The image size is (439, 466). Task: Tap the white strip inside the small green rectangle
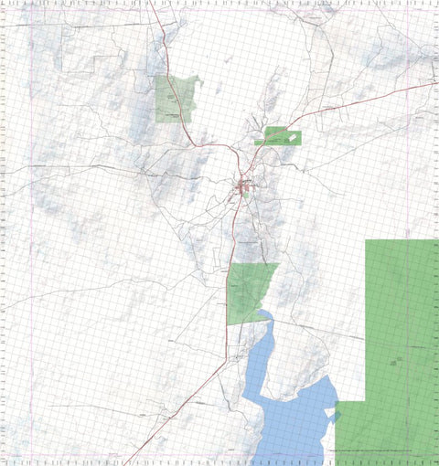point(292,138)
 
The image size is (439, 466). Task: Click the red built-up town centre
point(244,189)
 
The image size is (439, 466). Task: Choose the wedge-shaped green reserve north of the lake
point(247,291)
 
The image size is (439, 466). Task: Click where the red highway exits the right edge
point(435,82)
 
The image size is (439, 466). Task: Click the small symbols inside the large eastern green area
point(395,362)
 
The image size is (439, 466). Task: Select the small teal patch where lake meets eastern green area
point(337,417)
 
